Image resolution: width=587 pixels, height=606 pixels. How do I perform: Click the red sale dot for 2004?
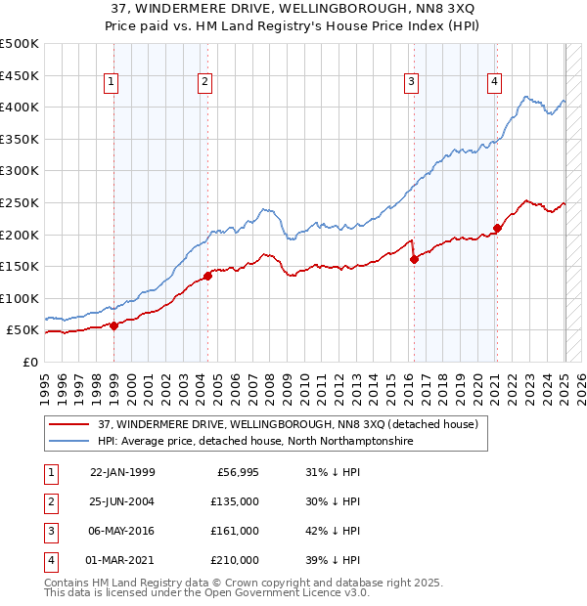pos(208,276)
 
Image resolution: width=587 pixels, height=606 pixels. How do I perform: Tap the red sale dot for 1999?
pos(114,325)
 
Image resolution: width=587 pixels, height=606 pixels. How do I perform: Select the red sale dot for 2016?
pos(414,259)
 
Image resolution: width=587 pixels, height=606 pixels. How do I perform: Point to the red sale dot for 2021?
pos(497,229)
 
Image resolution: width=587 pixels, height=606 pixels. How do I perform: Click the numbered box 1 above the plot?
pos(113,82)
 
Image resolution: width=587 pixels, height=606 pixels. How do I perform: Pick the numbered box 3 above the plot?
pos(413,82)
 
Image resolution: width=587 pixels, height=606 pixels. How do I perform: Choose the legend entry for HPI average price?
pos(255,442)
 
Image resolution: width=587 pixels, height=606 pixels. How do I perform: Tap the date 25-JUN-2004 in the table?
pos(122,501)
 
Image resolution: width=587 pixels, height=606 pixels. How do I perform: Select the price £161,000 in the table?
pos(236,531)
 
